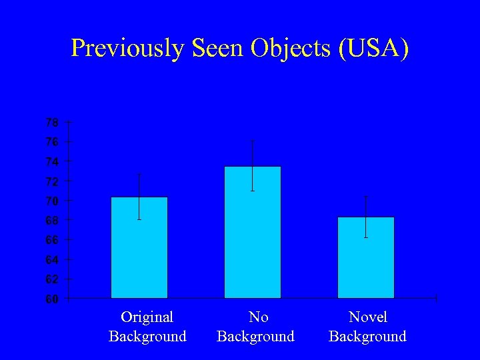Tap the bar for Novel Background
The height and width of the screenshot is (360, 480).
coord(365,263)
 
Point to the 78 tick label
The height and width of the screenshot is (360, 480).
coord(51,123)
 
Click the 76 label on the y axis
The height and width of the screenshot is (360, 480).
coord(51,142)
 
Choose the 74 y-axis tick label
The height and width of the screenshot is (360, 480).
coord(51,162)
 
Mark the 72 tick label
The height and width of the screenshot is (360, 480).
coord(51,181)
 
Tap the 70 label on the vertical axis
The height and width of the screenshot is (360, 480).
coord(51,201)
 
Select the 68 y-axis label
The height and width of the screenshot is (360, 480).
coord(51,220)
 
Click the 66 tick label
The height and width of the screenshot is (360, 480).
coord(51,239)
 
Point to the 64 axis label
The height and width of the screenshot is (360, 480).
coord(51,259)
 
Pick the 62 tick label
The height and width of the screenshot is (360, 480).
coord(51,279)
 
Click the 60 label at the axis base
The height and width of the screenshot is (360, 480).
coord(51,299)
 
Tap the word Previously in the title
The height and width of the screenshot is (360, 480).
coord(127,49)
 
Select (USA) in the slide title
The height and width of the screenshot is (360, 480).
coord(374,49)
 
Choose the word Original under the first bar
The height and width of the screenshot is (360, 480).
coord(147,317)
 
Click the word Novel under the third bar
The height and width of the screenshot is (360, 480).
coord(367,317)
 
